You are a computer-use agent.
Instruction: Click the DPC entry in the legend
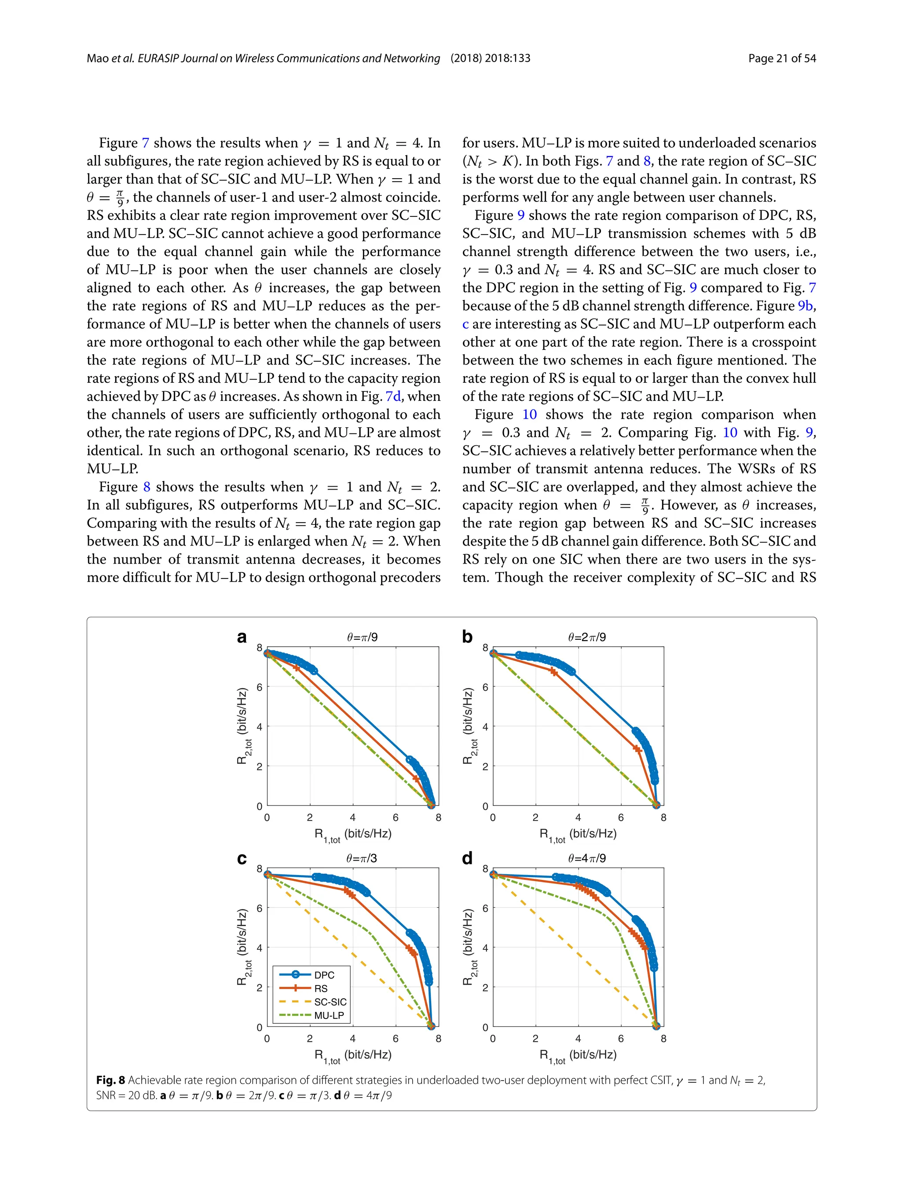click(324, 975)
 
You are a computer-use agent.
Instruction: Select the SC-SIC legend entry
click(330, 1002)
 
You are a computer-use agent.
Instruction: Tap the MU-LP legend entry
click(329, 1015)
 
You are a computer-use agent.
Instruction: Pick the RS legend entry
click(321, 989)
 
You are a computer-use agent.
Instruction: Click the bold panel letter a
click(242, 637)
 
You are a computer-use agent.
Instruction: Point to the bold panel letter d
click(467, 858)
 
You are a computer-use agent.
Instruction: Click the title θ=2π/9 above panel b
click(587, 637)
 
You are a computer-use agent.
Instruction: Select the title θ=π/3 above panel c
click(362, 858)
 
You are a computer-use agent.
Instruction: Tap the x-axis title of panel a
click(352, 835)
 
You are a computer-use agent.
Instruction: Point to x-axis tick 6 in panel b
click(620, 818)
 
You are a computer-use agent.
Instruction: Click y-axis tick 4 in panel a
click(260, 727)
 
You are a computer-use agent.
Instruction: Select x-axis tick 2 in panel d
click(535, 1039)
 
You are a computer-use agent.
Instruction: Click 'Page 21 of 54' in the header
click(782, 59)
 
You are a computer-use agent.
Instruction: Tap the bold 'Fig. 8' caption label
click(110, 1080)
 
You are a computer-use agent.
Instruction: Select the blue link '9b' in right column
click(805, 306)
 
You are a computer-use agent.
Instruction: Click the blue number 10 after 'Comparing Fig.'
click(730, 433)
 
